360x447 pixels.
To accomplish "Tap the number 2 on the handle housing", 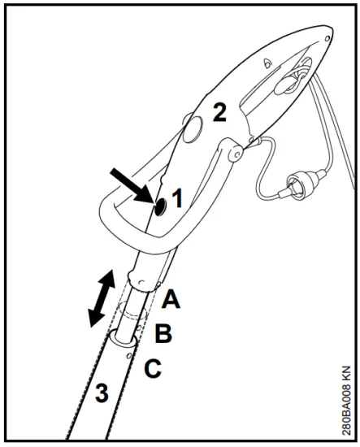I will coord(219,112).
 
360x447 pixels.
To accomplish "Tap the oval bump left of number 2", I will coord(193,128).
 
